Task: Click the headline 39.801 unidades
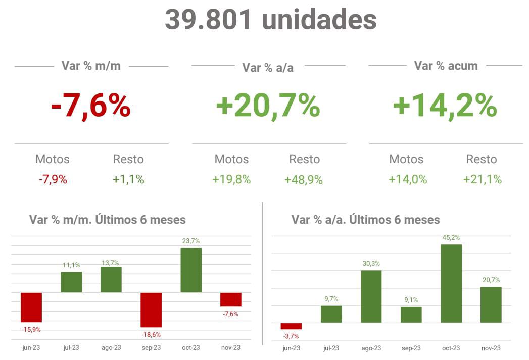coord(270,20)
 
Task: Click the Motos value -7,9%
coord(53,179)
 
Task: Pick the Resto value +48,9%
coord(304,179)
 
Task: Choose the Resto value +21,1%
coord(482,179)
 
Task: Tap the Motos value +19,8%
coord(231,179)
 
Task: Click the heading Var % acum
coord(446,66)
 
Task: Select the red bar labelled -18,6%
coord(151,310)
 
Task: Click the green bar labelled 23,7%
coord(191,270)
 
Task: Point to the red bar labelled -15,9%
coord(31,307)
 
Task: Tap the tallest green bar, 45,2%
coord(451,283)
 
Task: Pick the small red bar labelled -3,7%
coord(291,326)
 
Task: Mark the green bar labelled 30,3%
coord(371,296)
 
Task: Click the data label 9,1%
coord(411,300)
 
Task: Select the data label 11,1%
coord(71,265)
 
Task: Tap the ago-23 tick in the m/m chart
coord(111,347)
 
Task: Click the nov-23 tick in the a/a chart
coord(491,348)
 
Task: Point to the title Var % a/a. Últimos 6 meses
coord(365,220)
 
